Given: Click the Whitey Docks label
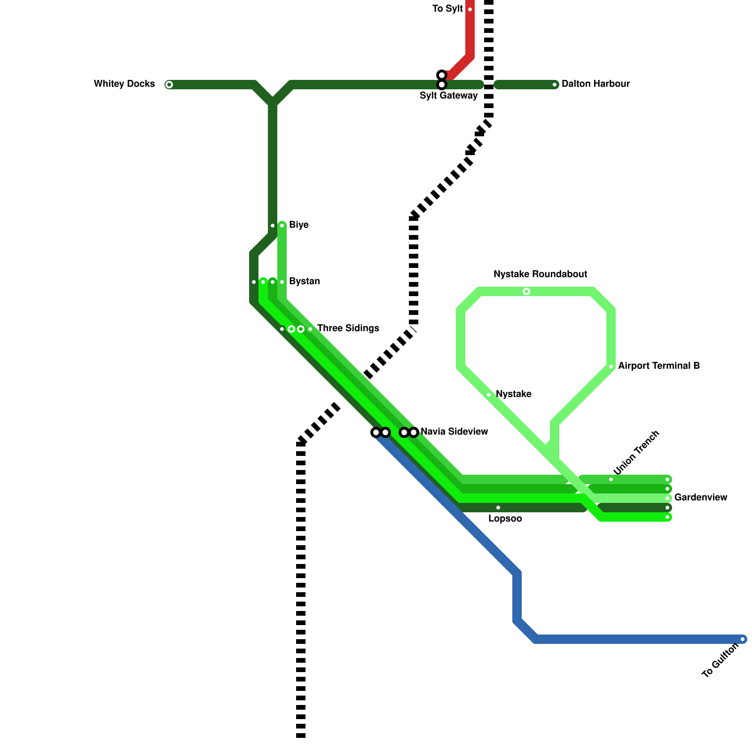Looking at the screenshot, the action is (x=124, y=84).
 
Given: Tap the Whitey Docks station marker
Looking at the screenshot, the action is (x=169, y=85).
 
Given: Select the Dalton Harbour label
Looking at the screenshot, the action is (x=595, y=84).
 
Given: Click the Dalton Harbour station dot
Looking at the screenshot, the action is (x=555, y=85).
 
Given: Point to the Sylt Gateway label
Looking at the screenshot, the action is (x=448, y=96).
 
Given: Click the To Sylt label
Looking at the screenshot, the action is (x=447, y=9).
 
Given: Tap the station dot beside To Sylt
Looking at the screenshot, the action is (x=470, y=9).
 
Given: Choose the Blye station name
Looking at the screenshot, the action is (x=299, y=225).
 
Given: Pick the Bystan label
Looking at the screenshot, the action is (x=304, y=282).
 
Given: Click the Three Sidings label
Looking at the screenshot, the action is (x=348, y=329).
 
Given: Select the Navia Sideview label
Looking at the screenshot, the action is (x=454, y=432).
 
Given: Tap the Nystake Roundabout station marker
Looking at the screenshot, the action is (x=526, y=291).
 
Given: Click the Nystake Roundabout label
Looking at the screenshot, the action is (x=540, y=274).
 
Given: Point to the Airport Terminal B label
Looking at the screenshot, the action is (x=658, y=366).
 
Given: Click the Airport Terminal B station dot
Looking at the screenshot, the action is (x=611, y=367).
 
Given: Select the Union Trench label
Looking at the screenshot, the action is (x=636, y=453).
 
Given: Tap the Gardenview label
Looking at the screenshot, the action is (x=700, y=498).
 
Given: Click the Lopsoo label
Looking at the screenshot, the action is (x=505, y=519).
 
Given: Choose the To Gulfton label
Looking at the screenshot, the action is (x=720, y=661).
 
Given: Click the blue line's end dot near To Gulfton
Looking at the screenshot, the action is (x=743, y=639).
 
